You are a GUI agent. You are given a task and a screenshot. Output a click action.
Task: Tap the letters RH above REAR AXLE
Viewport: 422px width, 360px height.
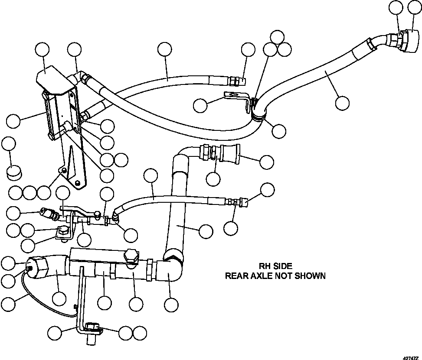(264, 266)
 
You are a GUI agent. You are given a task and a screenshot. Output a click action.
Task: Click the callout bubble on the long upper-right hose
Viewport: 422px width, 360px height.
(342, 103)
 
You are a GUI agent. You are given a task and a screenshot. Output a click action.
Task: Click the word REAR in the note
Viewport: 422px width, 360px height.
(234, 276)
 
